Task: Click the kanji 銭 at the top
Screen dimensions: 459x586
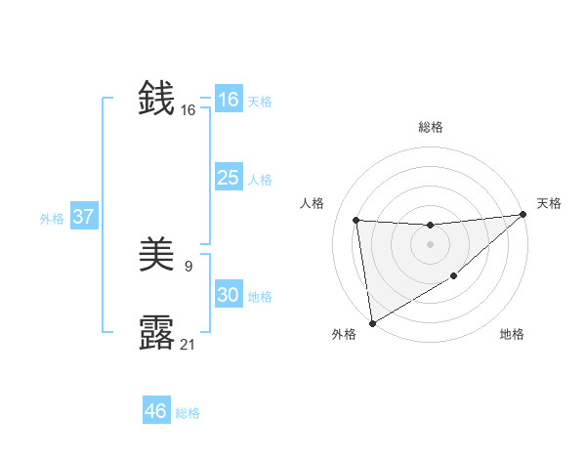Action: (157, 99)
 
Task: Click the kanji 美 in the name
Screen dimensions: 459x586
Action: (157, 256)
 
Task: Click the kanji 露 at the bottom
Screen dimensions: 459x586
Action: (157, 333)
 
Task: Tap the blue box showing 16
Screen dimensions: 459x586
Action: (229, 100)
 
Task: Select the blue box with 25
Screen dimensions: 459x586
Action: (229, 178)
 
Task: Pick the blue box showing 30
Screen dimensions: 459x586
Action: (229, 295)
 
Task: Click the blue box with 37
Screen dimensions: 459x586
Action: (84, 217)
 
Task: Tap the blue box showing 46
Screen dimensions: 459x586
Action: (156, 411)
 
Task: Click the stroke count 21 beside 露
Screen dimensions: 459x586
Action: (188, 344)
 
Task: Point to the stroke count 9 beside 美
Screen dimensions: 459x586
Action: (188, 266)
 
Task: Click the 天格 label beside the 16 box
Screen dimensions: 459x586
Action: (260, 101)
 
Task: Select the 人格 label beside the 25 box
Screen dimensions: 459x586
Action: (260, 179)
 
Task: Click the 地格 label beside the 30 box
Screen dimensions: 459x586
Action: (260, 296)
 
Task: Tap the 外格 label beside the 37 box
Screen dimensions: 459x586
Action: (52, 218)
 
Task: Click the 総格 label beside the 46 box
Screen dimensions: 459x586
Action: (188, 412)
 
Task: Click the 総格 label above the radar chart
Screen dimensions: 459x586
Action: (430, 127)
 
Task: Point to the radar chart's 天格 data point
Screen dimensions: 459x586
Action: (523, 215)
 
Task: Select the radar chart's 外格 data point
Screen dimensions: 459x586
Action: (372, 323)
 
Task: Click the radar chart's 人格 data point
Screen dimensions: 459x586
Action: (356, 221)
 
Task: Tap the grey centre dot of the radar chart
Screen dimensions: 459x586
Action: (430, 244)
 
